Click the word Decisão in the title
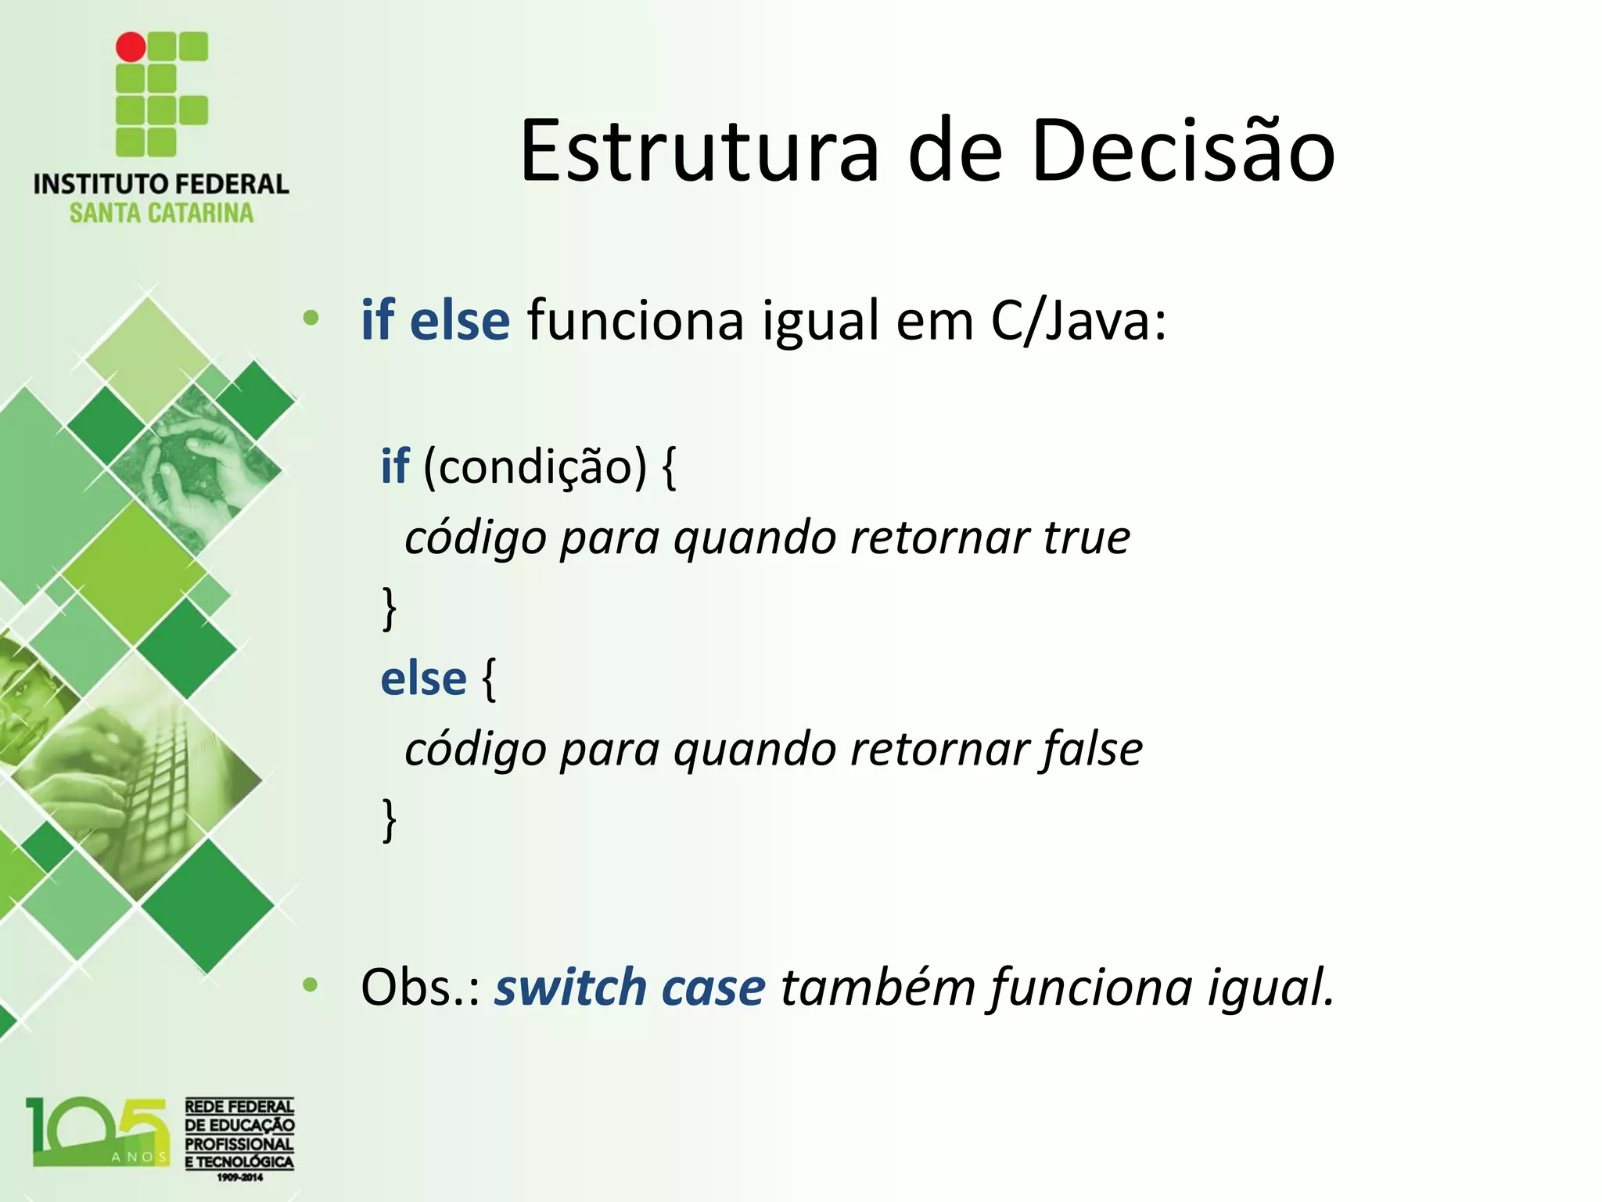[x=1183, y=151]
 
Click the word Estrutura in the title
[x=699, y=151]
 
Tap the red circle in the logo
[x=131, y=47]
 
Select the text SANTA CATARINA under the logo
[x=161, y=213]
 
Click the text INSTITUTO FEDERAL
[x=161, y=184]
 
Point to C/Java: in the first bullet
[x=1078, y=321]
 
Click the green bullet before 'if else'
[x=311, y=318]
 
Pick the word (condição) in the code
[x=535, y=467]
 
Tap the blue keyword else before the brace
[x=423, y=678]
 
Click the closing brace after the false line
[x=389, y=819]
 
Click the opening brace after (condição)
[x=669, y=467]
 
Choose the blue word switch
[x=570, y=987]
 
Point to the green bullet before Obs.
[x=311, y=985]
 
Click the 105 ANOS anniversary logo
[x=98, y=1132]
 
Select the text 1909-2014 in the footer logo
[x=239, y=1177]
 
